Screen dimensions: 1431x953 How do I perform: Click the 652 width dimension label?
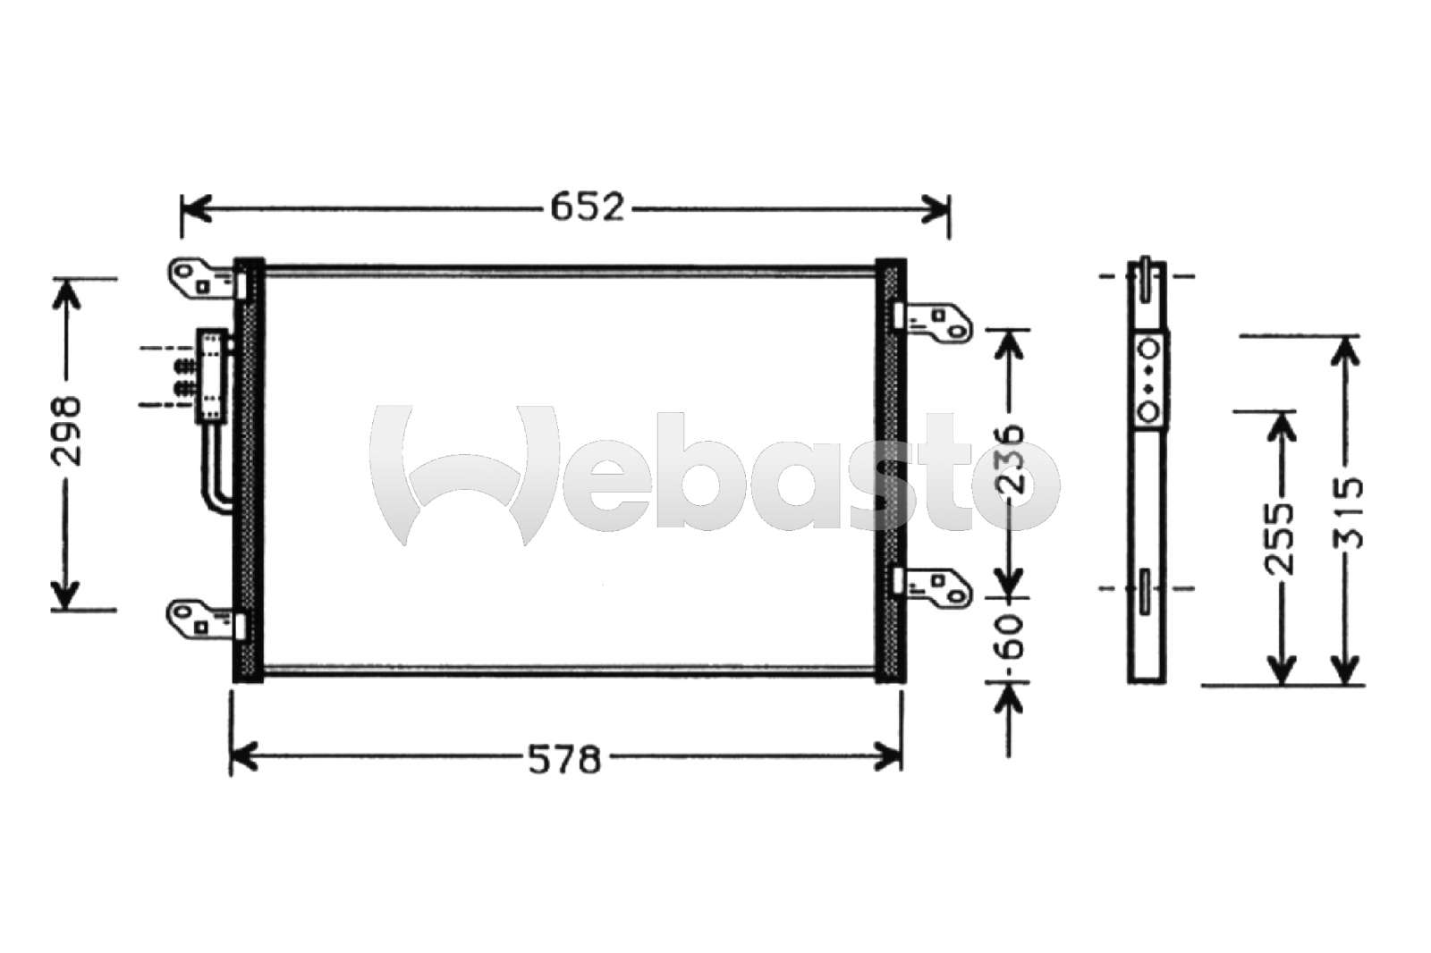(587, 207)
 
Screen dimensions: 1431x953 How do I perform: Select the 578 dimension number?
(564, 760)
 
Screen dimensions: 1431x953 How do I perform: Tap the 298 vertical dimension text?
(67, 432)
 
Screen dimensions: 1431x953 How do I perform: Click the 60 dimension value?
(1010, 638)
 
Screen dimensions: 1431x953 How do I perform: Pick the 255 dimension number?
(1280, 539)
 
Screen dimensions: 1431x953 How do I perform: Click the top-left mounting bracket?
(206, 279)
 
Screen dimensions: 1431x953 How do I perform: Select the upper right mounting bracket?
(933, 321)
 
